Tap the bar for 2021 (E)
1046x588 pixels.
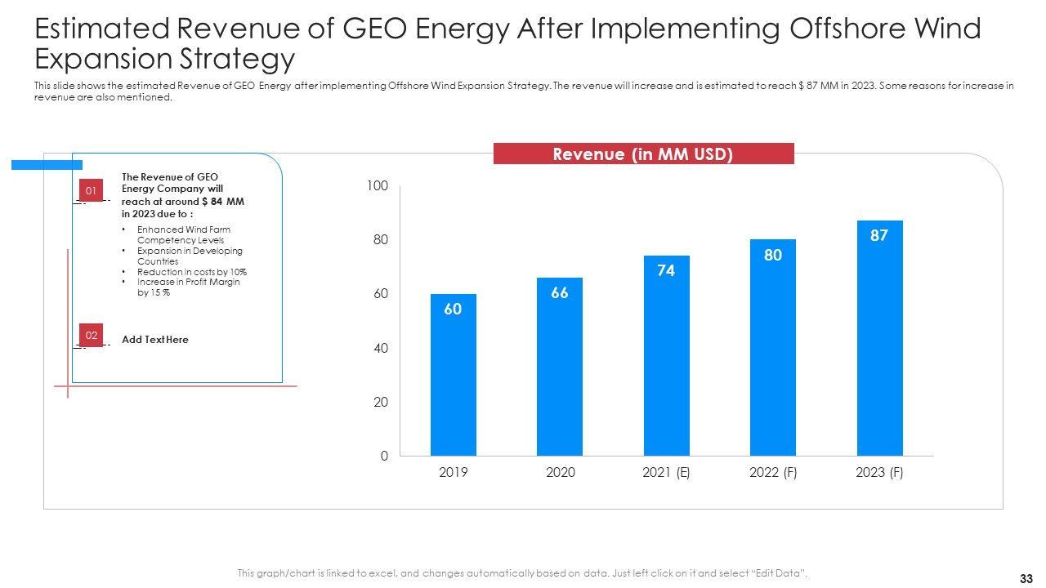(666, 355)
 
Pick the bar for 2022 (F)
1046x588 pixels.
(773, 347)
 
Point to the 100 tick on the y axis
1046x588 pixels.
(378, 186)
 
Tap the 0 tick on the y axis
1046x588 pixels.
(384, 457)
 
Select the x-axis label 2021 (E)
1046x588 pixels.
(666, 473)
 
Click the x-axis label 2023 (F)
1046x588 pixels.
(879, 473)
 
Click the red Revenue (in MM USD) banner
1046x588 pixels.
(643, 154)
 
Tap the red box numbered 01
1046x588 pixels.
(91, 191)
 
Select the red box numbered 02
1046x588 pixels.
(91, 335)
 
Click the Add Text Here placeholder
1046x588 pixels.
(155, 340)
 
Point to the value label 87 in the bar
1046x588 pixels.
(880, 235)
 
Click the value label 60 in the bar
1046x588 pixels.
(454, 309)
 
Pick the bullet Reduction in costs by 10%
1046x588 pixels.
(191, 272)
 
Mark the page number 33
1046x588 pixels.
(1027, 578)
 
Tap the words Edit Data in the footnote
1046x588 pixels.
(780, 573)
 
